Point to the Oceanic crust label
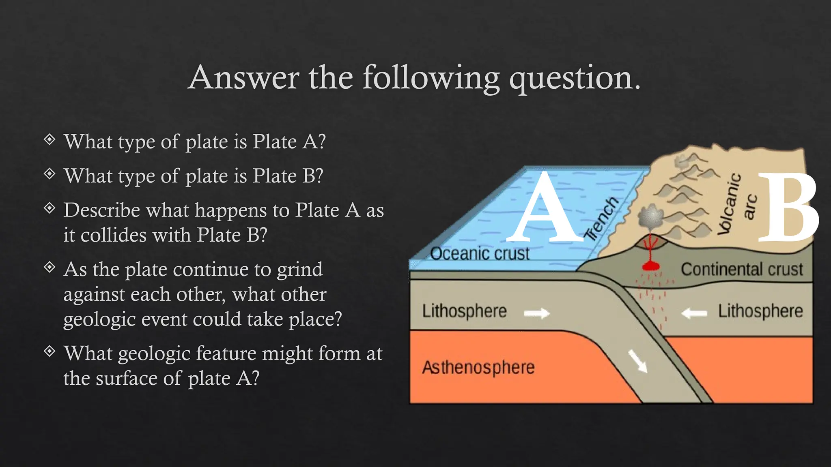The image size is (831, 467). [480, 254]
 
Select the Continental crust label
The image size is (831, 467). [742, 270]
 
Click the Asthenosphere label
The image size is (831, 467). [478, 368]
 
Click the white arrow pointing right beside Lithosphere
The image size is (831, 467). [537, 313]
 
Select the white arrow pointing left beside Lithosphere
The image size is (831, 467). [694, 313]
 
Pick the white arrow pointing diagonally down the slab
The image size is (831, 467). [637, 361]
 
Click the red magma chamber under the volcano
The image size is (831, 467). [650, 266]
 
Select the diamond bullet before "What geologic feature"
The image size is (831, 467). [50, 351]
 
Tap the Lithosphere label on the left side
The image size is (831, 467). [464, 311]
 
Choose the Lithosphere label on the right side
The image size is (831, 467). [760, 311]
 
